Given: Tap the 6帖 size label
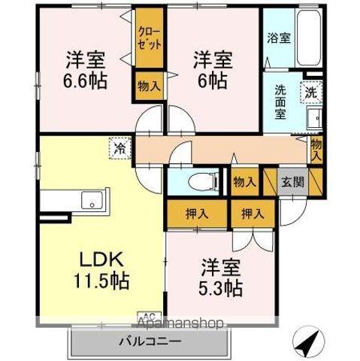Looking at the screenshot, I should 210,80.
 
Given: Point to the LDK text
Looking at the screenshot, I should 101,259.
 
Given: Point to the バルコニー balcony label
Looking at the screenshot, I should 148,342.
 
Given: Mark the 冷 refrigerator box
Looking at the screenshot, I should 119,147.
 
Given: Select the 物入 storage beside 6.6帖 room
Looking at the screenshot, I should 149,85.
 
